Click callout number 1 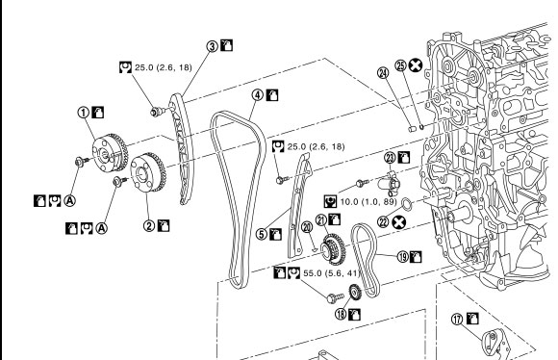pyautogui.click(x=84, y=113)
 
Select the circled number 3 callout pyautogui.click(x=212, y=46)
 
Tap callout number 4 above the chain pyautogui.click(x=258, y=95)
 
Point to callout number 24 pyautogui.click(x=383, y=73)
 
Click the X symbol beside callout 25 pyautogui.click(x=416, y=65)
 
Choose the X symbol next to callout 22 pyautogui.click(x=399, y=222)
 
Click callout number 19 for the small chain pyautogui.click(x=403, y=257)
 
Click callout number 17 pyautogui.click(x=457, y=319)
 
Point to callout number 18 pyautogui.click(x=341, y=314)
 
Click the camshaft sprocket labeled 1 pyautogui.click(x=110, y=152)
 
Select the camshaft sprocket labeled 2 pyautogui.click(x=148, y=172)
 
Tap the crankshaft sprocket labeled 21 pyautogui.click(x=333, y=249)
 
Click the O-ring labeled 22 pyautogui.click(x=407, y=203)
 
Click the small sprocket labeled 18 pyautogui.click(x=355, y=293)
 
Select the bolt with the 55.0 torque pyautogui.click(x=335, y=297)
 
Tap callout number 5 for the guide pyautogui.click(x=262, y=234)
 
